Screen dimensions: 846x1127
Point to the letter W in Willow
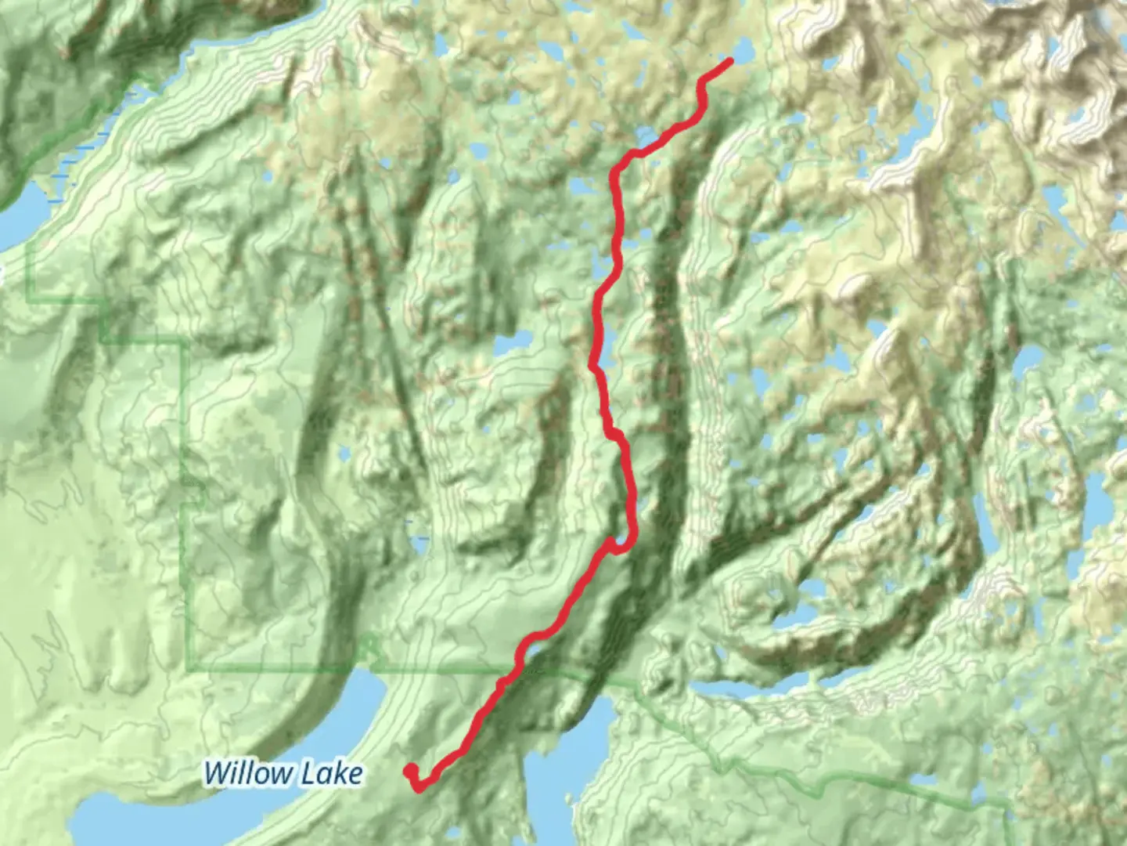coord(218,773)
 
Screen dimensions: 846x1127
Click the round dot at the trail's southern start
coord(409,772)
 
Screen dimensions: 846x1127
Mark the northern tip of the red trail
coord(730,61)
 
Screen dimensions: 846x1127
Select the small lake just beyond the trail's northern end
coord(743,51)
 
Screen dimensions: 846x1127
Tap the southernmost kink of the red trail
coord(420,787)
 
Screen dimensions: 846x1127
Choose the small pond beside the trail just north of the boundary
coord(534,649)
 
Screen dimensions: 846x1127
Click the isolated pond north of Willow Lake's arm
coord(420,540)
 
